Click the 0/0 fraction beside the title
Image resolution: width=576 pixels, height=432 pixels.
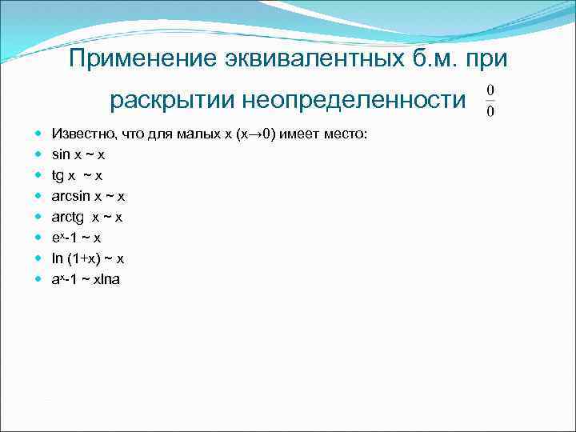coord(490,100)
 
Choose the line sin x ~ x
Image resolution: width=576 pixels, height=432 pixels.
coord(78,153)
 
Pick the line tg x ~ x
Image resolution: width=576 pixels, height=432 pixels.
coord(77,175)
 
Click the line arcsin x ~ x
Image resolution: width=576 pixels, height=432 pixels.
coord(88,195)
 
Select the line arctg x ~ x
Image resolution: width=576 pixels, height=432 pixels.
coord(86,216)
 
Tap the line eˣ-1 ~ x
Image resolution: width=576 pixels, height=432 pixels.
coord(76,238)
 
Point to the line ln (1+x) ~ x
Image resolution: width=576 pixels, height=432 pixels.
coord(87,258)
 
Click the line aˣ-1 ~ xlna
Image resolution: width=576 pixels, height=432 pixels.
coord(86,280)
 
